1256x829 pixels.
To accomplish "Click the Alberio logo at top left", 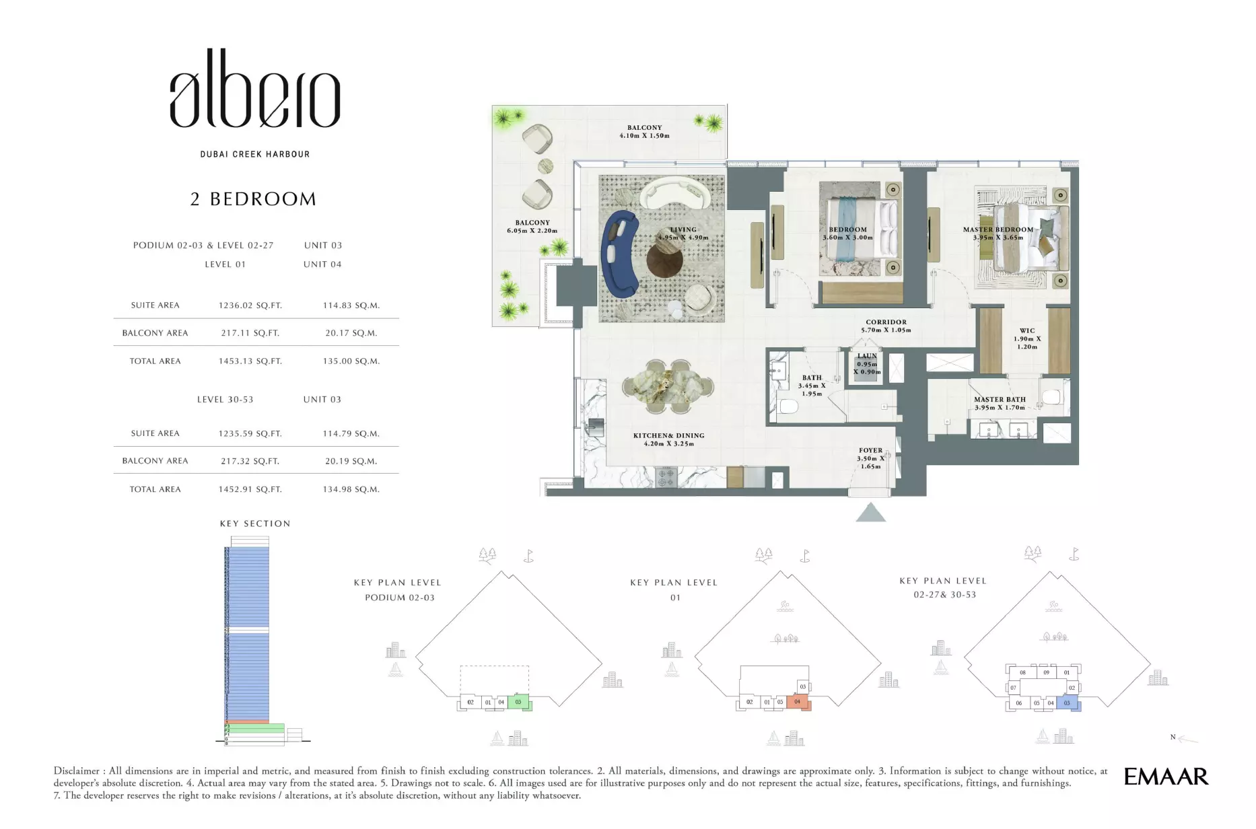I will (x=254, y=89).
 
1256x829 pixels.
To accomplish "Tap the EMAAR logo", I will (x=1166, y=777).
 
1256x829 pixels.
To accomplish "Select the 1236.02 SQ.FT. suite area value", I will (x=250, y=305).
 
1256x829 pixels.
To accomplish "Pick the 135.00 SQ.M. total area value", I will (x=351, y=361).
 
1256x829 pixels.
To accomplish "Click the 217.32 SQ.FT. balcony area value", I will (x=250, y=462).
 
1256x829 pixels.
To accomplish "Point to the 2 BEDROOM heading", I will (x=253, y=199).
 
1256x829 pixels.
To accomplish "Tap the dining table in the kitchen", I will (x=668, y=386).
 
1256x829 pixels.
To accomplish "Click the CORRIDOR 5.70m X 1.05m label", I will (x=886, y=326).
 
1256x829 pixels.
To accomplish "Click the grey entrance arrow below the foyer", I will (x=870, y=513).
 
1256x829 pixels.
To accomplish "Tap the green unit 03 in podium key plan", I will (x=518, y=702).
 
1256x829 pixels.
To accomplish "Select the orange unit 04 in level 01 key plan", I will (x=798, y=702).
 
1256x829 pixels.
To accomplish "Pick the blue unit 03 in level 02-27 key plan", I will (x=1067, y=703).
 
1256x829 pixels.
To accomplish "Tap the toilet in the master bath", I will (x=1051, y=396).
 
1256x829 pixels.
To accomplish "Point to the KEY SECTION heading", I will (x=255, y=524).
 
